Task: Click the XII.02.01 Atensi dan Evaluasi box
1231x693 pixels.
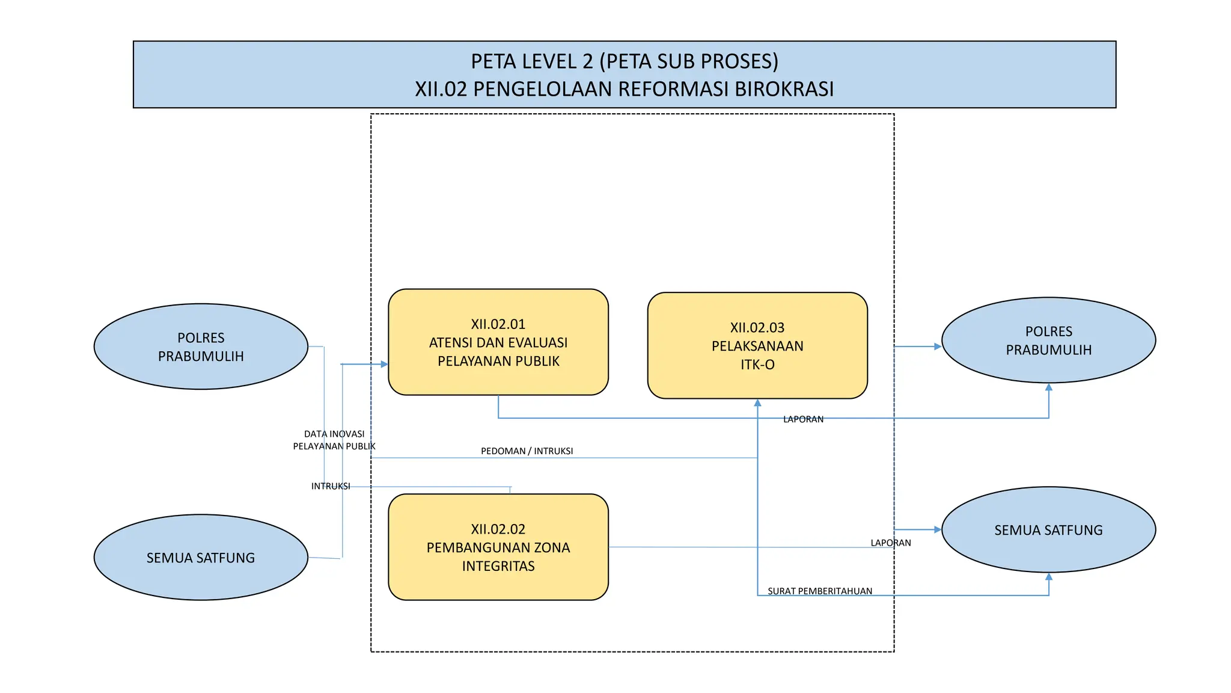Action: [498, 342]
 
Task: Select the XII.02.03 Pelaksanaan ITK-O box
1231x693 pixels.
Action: [757, 345]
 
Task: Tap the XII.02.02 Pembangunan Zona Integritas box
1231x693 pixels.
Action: [498, 547]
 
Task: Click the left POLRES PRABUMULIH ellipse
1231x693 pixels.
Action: [201, 346]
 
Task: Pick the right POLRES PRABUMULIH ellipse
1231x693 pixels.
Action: [1048, 340]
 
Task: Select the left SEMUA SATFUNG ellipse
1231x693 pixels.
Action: [201, 557]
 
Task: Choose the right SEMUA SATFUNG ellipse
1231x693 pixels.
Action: [1048, 529]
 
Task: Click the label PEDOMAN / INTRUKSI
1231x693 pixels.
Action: [527, 451]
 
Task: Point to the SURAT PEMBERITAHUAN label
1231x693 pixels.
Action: [819, 591]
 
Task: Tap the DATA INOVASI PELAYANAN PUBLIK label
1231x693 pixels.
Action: [334, 440]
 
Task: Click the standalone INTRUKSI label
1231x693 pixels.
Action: [330, 486]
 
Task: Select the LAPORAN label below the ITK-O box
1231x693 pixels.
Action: [803, 419]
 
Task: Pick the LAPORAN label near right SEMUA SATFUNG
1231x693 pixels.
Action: [890, 543]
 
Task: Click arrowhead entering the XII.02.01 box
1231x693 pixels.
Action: [384, 364]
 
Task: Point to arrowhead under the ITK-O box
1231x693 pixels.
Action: [757, 403]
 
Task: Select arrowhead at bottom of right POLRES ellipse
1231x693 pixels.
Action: [1048, 387]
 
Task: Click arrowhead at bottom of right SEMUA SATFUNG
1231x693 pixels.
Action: [1048, 576]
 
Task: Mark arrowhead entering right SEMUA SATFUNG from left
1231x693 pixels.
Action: [937, 529]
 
